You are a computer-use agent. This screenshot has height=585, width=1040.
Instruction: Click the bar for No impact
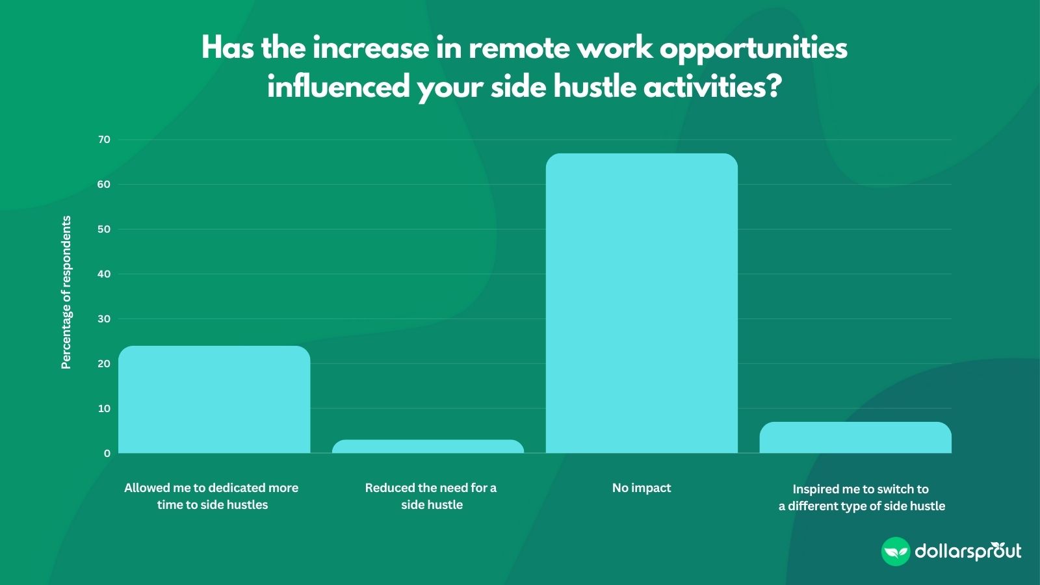pyautogui.click(x=642, y=304)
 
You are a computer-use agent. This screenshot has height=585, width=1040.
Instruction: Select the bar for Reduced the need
pyautogui.click(x=428, y=447)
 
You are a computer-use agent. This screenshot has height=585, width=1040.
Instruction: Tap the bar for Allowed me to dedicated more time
pyautogui.click(x=214, y=399)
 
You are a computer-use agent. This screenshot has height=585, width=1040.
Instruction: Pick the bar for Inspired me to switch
pyautogui.click(x=855, y=437)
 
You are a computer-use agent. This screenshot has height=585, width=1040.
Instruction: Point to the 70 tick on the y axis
pyautogui.click(x=104, y=140)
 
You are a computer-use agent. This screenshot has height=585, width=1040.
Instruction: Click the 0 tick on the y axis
pyautogui.click(x=107, y=453)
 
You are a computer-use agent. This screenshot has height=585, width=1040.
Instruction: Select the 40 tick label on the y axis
pyautogui.click(x=104, y=274)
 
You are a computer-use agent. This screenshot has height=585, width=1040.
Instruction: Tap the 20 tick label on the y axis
pyautogui.click(x=104, y=364)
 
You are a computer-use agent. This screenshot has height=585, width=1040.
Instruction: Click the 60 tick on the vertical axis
pyautogui.click(x=104, y=185)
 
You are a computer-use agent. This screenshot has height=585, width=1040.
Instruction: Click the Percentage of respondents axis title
pyautogui.click(x=66, y=292)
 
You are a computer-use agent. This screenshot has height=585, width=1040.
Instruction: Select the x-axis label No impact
pyautogui.click(x=642, y=487)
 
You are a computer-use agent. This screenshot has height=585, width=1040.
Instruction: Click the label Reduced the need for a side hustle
pyautogui.click(x=431, y=496)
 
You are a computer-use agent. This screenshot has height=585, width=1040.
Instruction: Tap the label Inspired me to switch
pyautogui.click(x=861, y=497)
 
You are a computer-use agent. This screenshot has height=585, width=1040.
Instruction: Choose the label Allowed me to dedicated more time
pyautogui.click(x=212, y=496)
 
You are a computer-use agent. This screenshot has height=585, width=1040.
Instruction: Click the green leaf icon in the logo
pyautogui.click(x=896, y=552)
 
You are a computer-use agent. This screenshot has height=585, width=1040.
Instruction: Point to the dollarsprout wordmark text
pyautogui.click(x=968, y=552)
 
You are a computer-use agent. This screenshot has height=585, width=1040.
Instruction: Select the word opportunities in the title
pyautogui.click(x=753, y=49)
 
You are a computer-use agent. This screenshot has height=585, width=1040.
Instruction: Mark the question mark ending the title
pyautogui.click(x=773, y=87)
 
